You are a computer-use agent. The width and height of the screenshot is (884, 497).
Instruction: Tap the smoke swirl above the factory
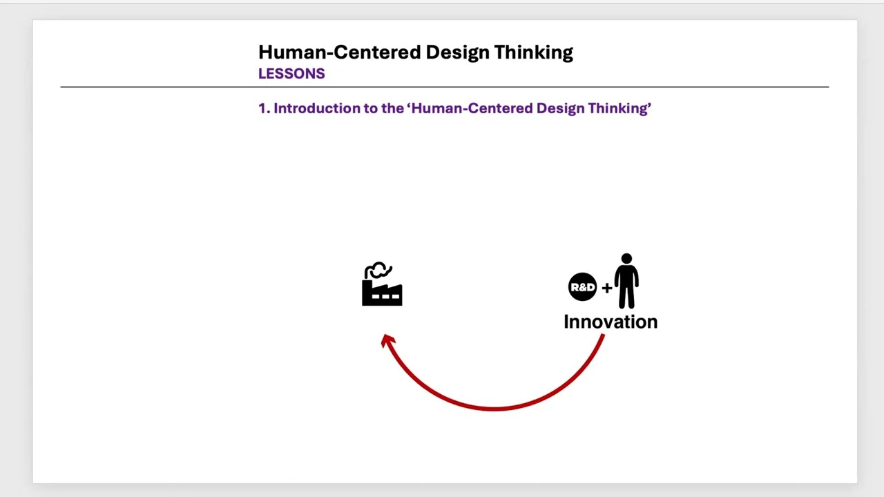(378, 271)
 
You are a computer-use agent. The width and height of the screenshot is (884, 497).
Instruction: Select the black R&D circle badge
(582, 287)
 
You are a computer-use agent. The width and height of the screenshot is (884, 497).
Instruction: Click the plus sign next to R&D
(606, 288)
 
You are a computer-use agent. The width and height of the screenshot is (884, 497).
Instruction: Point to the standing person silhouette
(626, 282)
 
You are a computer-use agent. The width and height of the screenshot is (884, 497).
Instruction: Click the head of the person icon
(626, 259)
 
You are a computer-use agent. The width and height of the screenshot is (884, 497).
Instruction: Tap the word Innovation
(611, 322)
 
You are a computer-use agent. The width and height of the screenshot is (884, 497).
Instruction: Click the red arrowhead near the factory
(387, 340)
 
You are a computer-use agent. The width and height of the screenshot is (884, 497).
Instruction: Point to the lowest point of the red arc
(494, 409)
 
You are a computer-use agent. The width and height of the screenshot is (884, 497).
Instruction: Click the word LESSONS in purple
(291, 74)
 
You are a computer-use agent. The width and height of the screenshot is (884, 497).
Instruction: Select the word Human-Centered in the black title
(339, 52)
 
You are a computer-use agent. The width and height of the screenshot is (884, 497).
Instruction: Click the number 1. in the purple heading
(263, 108)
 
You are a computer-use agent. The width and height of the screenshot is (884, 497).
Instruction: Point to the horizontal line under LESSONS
(444, 87)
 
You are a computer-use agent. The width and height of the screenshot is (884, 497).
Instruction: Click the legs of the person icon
(626, 298)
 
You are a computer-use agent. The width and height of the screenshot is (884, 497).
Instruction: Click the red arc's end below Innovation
(602, 338)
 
